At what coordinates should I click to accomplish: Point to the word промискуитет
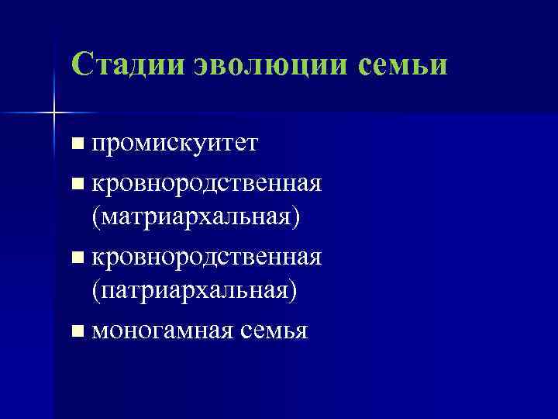point(174,144)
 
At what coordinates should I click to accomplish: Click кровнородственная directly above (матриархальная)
point(206,184)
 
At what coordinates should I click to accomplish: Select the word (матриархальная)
point(195,216)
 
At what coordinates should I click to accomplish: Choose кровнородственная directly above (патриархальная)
point(206,257)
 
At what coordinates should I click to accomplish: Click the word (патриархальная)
point(195,289)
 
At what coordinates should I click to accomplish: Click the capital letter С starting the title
point(81,64)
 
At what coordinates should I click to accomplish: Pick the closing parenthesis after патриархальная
point(294,290)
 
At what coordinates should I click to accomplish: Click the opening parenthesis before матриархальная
point(95,217)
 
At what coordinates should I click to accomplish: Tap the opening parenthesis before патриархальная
point(95,290)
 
